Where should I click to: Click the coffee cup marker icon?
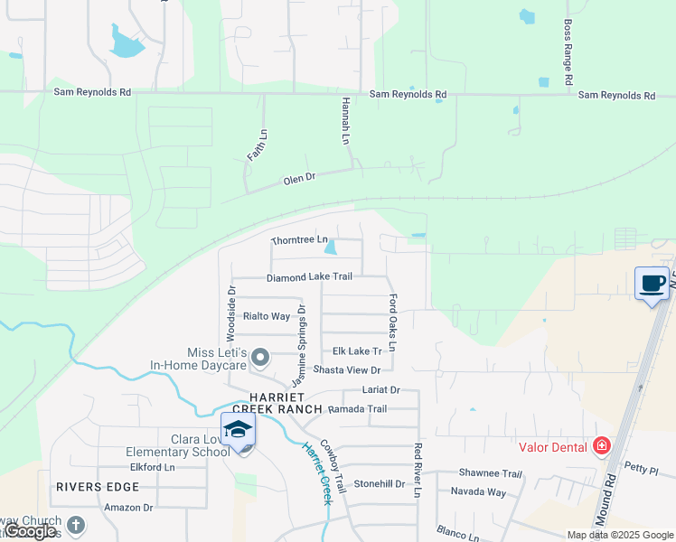pos(652,284)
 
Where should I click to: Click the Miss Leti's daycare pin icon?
pos(260,359)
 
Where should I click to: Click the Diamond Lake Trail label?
pos(309,277)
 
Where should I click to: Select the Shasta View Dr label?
pos(347,370)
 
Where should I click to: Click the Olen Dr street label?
pos(299,179)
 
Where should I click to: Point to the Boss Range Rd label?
pos(568,53)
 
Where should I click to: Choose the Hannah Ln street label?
pos(345,123)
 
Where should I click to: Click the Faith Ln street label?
pos(258,145)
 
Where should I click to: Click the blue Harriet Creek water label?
pos(318,472)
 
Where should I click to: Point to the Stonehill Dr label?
pos(379,483)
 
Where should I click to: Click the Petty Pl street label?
pos(643,470)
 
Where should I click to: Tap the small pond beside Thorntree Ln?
pos(331,247)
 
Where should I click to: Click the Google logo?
pos(30,531)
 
